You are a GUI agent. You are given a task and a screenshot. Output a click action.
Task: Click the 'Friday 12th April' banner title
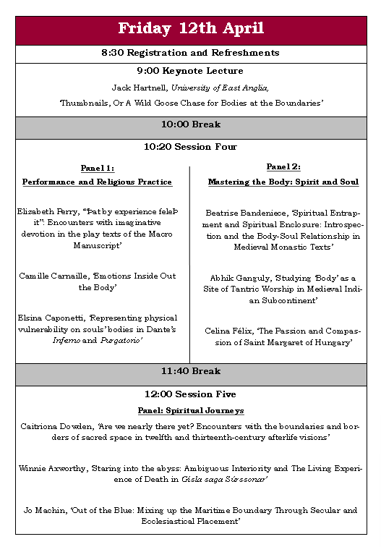click(x=190, y=29)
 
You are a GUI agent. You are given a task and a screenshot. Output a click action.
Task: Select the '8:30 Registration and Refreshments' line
click(x=190, y=53)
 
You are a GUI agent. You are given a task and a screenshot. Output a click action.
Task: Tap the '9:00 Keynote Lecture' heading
click(x=190, y=71)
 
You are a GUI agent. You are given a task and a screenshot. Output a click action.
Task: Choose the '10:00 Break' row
click(x=190, y=124)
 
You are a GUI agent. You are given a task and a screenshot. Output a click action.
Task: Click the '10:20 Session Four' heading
click(x=190, y=147)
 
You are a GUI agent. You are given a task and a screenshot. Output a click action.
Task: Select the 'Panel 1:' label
click(x=97, y=169)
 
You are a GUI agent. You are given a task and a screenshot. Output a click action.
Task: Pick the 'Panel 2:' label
click(x=283, y=167)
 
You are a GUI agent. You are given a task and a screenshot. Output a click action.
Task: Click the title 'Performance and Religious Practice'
click(x=97, y=182)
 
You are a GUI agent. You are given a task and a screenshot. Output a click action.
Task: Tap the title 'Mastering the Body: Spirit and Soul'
click(x=283, y=182)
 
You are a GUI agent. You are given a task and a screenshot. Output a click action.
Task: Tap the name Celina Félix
click(x=228, y=331)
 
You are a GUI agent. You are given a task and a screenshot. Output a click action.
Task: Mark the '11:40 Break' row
click(x=190, y=371)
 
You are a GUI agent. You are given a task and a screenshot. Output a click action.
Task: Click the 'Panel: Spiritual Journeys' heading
click(x=190, y=410)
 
